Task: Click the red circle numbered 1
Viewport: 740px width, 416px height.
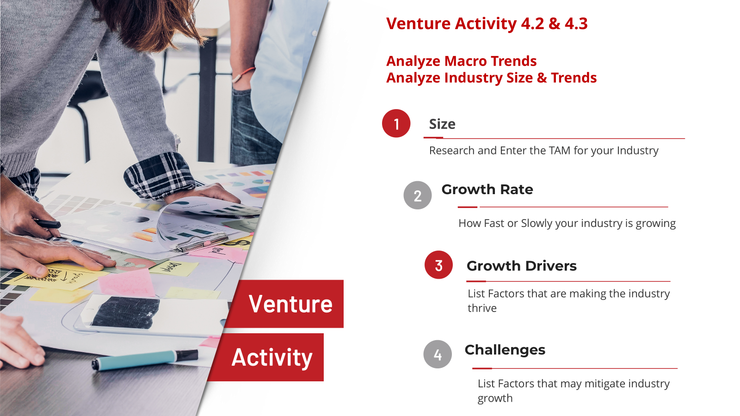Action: coord(396,123)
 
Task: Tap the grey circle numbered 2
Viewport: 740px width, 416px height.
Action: coord(418,195)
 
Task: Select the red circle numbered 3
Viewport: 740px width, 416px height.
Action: coord(439,265)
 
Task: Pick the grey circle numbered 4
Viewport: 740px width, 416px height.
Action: coord(438,354)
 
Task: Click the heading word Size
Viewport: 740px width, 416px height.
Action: coord(442,124)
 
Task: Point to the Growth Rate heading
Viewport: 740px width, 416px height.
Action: coord(487,190)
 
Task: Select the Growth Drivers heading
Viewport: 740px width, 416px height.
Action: coord(522,266)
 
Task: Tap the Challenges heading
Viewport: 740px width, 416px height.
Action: coord(505,350)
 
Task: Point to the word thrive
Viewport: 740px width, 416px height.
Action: coord(482,308)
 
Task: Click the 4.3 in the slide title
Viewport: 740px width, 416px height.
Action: coord(576,24)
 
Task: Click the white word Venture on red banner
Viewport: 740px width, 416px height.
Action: coord(291,304)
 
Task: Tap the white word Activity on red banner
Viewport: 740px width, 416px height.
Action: coord(272,358)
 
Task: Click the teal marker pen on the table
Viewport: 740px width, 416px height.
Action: coord(145,359)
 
